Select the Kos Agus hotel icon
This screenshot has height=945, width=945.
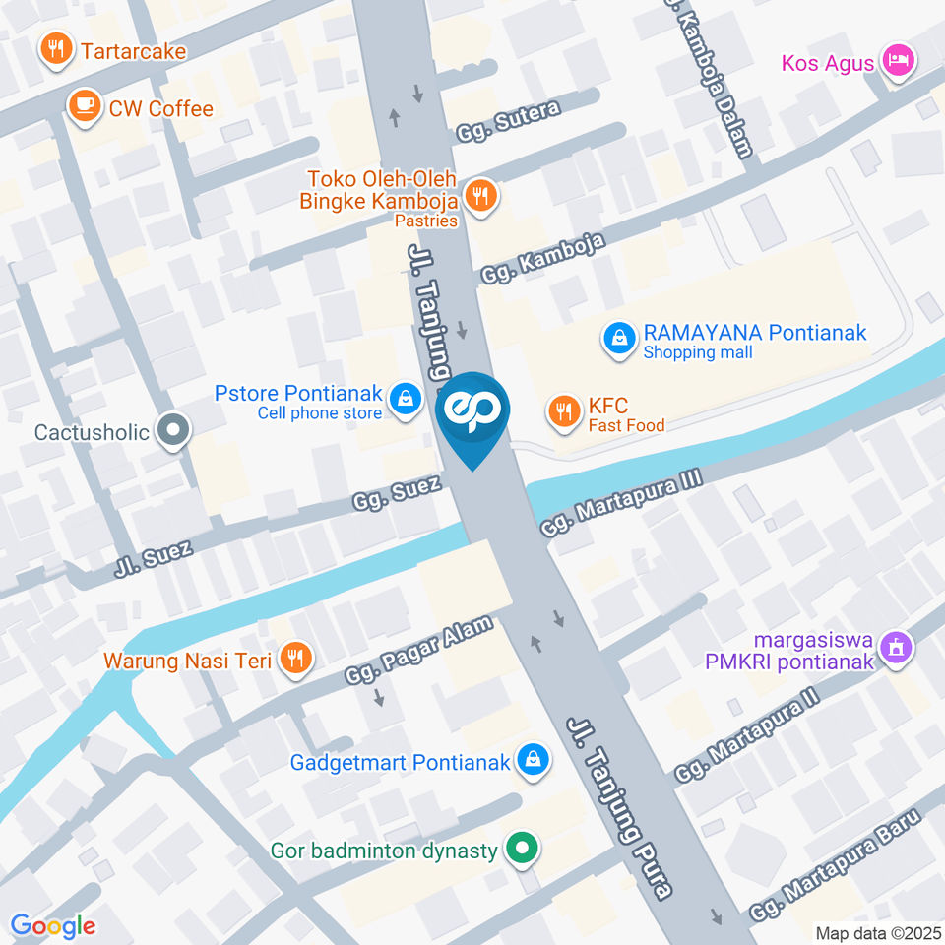[x=899, y=61]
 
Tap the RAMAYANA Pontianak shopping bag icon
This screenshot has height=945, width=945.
[x=617, y=340]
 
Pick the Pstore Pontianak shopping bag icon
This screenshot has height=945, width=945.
[x=404, y=399]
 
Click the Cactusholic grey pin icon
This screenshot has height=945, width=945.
[x=173, y=430]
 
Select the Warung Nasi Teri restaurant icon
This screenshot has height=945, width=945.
[x=294, y=658]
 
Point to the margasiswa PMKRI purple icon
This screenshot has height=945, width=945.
[x=896, y=648]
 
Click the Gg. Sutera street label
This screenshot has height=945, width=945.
[x=508, y=120]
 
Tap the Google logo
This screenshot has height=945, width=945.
[x=52, y=925]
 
